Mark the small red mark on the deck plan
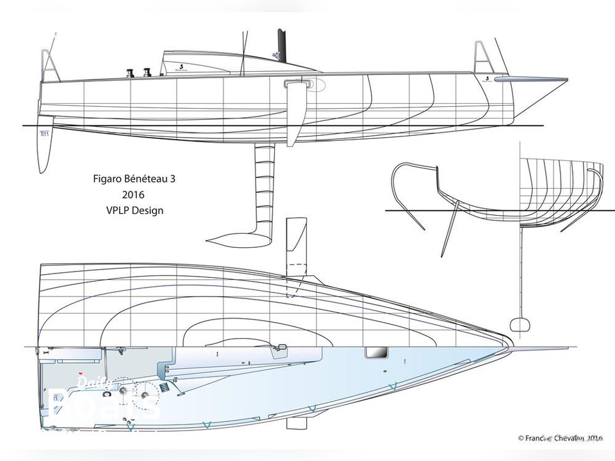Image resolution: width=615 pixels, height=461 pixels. click(x=80, y=373)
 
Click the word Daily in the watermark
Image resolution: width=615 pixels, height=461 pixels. click(x=90, y=383)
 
